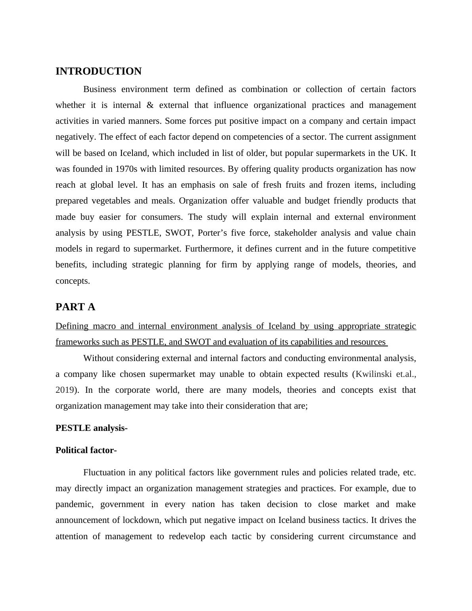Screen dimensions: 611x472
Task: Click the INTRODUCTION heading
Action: pos(98,71)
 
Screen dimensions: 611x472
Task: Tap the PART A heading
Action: pos(75,307)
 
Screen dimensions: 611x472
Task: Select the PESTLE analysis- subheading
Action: pos(91,428)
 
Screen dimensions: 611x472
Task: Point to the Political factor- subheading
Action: pos(86,450)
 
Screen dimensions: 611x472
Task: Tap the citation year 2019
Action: pos(64,390)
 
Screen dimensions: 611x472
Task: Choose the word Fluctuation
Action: pos(104,473)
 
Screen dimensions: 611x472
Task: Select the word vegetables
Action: pos(111,201)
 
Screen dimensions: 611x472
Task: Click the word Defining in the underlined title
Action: pos(72,326)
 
